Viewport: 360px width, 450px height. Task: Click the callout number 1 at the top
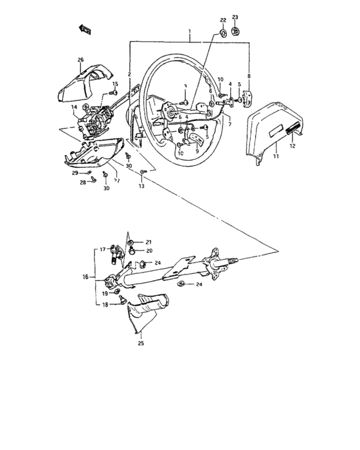tap(190, 32)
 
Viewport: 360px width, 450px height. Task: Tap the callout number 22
tap(223, 21)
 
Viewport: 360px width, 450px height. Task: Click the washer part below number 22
tap(223, 32)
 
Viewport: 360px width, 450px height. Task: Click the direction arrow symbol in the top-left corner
tap(84, 28)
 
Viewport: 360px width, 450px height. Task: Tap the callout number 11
tap(276, 156)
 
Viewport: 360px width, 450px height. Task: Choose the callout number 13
tap(141, 186)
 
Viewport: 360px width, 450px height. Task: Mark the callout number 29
tap(75, 174)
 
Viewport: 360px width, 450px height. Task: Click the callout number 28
tap(83, 183)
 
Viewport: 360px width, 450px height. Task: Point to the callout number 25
tap(141, 343)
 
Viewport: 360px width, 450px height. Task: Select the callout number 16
tap(84, 278)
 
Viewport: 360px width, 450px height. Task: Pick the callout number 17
tap(102, 249)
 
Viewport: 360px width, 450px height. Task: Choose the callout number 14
tap(74, 107)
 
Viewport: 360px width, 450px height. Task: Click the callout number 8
tap(249, 76)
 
